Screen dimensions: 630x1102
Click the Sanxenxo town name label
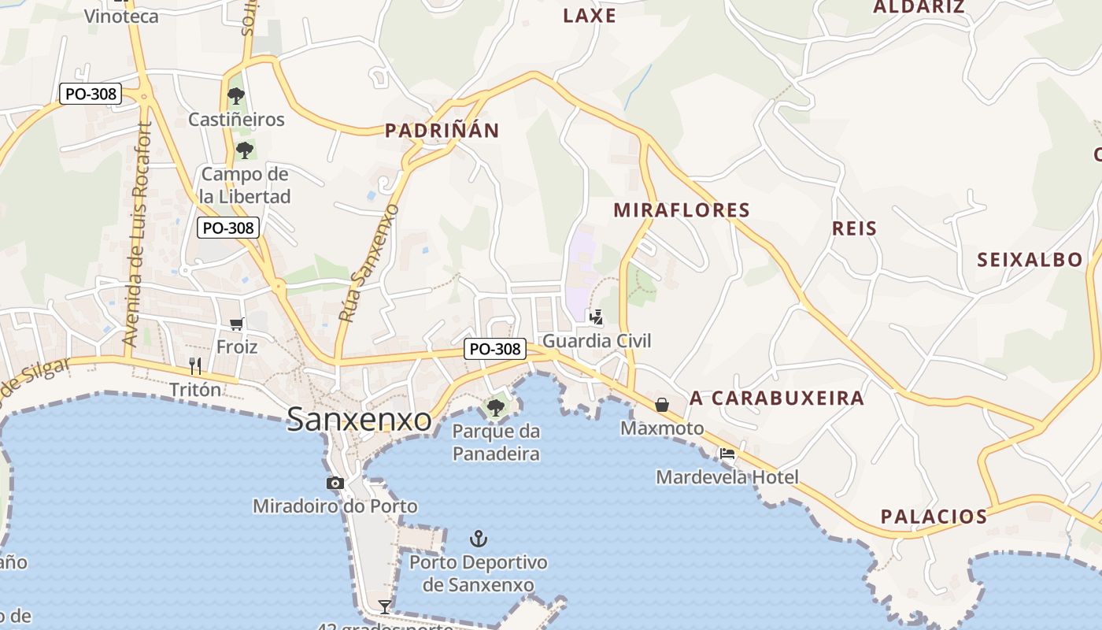pos(359,419)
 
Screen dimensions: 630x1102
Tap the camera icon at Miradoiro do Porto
pos(335,483)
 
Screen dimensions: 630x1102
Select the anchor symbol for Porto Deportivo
pos(479,539)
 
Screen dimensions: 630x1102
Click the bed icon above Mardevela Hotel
pos(727,454)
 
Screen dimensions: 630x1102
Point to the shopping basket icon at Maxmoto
pos(662,404)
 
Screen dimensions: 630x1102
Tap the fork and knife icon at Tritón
pos(195,365)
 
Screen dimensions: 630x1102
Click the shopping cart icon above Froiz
pos(237,323)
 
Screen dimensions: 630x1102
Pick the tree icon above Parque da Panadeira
pos(496,407)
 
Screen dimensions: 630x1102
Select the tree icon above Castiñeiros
pos(235,96)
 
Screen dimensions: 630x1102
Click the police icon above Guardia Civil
pos(597,317)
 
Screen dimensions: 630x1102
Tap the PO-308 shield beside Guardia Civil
pos(494,348)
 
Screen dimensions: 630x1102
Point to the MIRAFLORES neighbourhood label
pos(681,210)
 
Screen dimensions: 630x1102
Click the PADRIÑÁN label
pos(442,131)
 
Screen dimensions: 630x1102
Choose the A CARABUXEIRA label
pos(776,398)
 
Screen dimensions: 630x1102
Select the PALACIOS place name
pos(934,517)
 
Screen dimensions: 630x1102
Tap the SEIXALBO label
pos(1030,260)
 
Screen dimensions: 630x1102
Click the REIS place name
pos(854,228)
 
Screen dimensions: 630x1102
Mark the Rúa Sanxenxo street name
pos(369,263)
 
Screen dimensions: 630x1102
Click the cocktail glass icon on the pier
pos(385,606)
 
